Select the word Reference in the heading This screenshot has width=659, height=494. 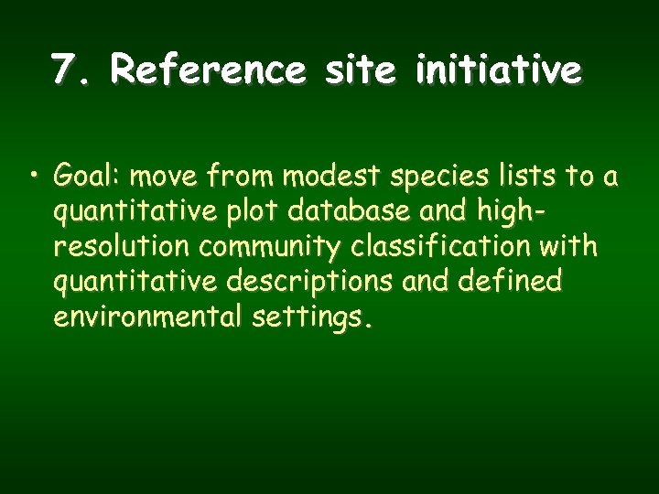tap(210, 69)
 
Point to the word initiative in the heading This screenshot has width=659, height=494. tap(498, 69)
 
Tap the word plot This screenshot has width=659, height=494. tap(254, 212)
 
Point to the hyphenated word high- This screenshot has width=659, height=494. tap(506, 212)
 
